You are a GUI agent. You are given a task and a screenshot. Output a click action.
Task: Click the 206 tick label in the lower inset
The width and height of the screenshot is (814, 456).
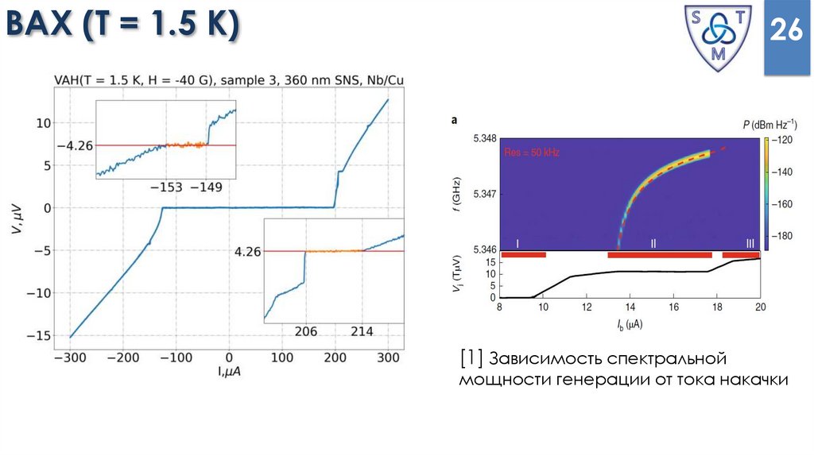[305, 329]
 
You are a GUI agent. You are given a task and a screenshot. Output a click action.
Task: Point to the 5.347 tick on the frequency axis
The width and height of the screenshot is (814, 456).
[483, 194]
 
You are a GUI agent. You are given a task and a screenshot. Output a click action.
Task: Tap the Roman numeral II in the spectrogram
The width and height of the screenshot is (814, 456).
[653, 243]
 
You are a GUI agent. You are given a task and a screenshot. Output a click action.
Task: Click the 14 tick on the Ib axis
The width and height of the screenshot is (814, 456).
[630, 307]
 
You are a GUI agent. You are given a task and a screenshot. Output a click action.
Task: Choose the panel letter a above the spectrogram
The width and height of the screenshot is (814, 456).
[454, 121]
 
